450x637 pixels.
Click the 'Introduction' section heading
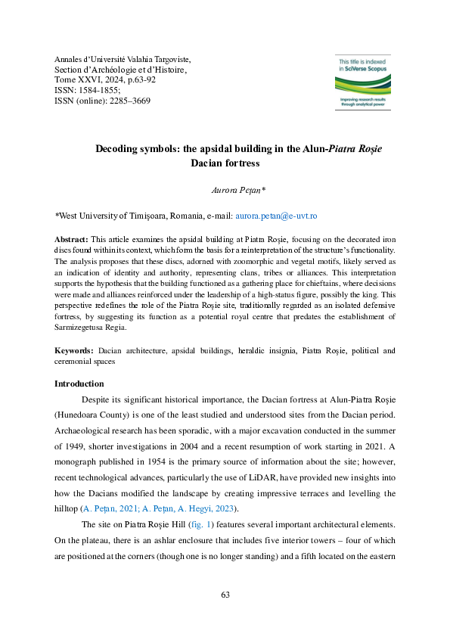pos(80,384)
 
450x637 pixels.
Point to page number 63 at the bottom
pos(225,595)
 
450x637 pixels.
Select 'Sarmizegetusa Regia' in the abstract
pos(94,329)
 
